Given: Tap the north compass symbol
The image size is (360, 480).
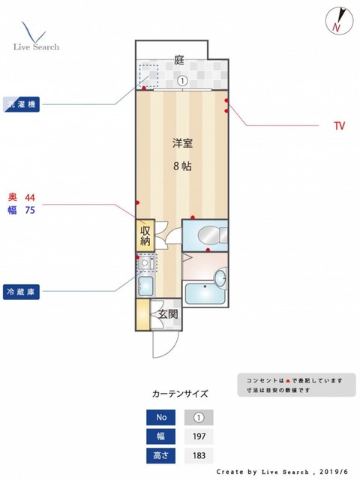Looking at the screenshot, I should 337,20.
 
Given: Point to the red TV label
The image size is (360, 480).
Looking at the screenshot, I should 339,126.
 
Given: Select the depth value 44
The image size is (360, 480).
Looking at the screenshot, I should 31,196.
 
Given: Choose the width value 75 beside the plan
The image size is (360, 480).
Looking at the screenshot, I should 31,211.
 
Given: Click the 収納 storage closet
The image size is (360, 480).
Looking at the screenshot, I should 145,235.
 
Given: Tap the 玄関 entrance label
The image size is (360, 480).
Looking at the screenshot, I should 167,315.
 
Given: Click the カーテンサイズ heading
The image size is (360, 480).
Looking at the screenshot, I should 179,393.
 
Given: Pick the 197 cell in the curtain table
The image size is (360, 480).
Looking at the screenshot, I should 199,436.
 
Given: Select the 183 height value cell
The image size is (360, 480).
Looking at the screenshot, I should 199,454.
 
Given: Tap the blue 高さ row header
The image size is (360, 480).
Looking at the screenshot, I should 161,454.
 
